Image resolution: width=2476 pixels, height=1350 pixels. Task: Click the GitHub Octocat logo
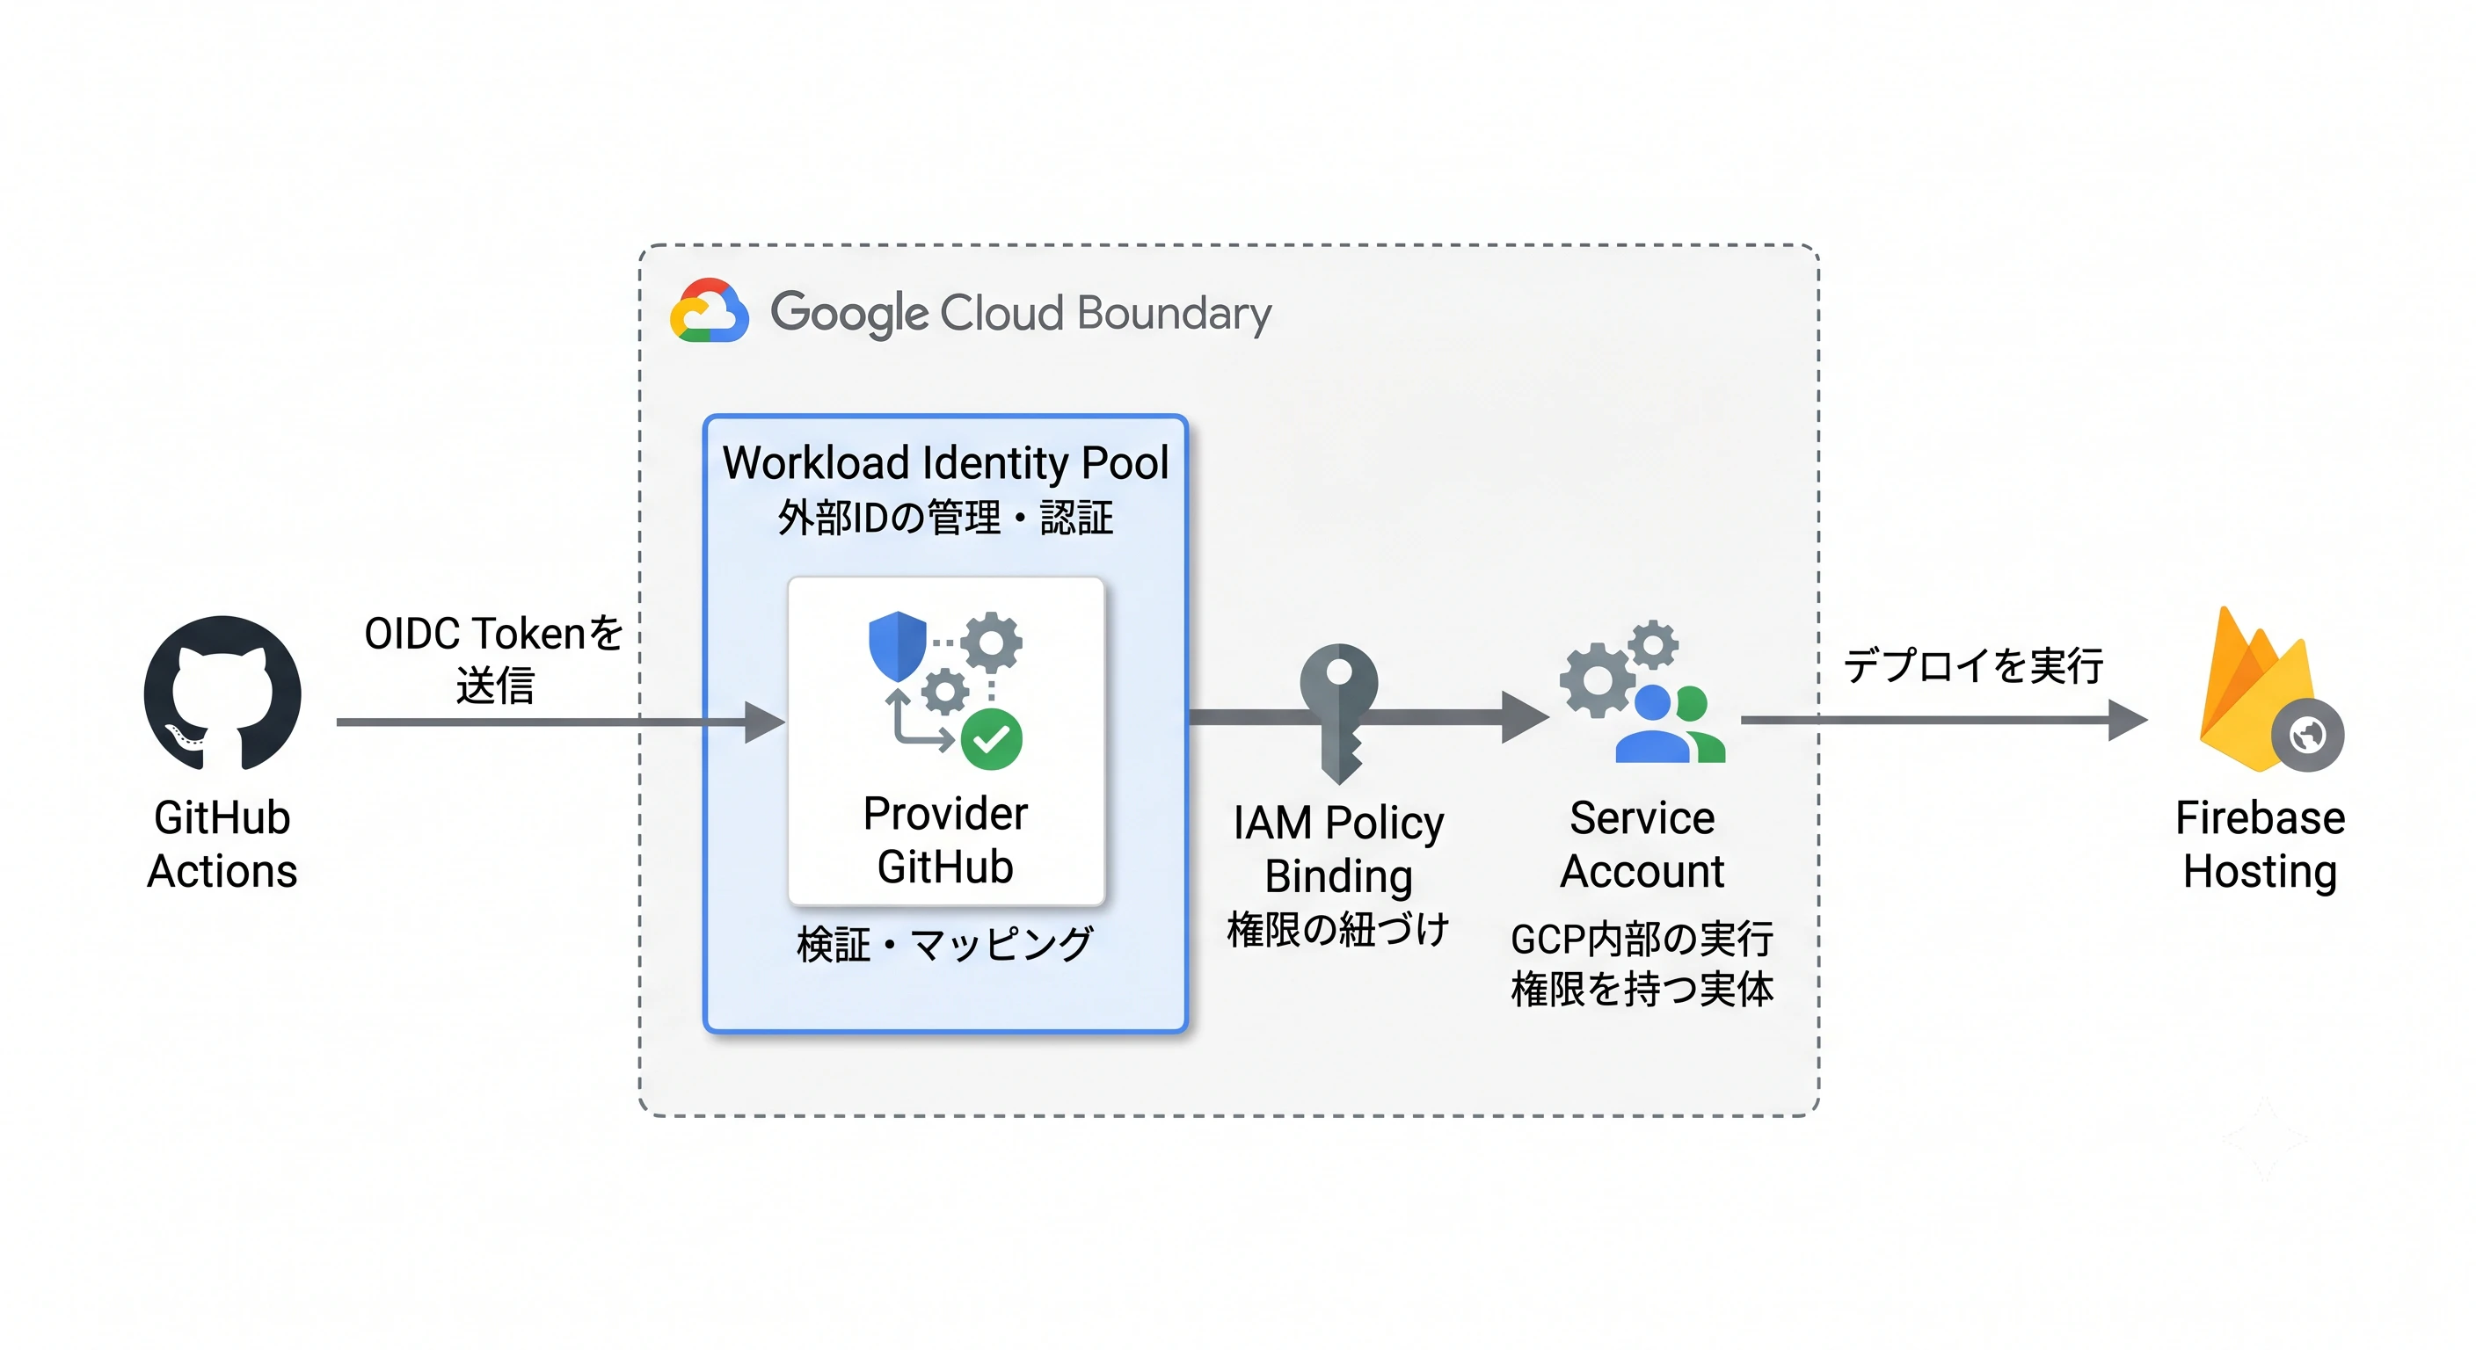point(222,693)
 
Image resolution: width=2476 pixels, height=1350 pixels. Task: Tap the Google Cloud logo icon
point(710,311)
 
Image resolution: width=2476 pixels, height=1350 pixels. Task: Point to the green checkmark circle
point(991,739)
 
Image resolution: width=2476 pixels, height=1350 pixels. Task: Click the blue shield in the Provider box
point(897,646)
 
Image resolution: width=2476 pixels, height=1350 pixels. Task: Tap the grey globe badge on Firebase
point(2308,736)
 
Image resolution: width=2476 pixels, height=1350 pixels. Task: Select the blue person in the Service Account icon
point(1652,724)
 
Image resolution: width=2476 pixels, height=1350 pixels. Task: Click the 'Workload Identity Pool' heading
point(946,463)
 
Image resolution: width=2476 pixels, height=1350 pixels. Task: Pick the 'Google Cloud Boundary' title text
point(1021,313)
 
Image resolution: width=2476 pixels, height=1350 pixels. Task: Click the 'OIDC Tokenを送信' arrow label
point(494,659)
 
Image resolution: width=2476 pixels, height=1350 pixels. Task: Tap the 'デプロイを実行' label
point(1973,666)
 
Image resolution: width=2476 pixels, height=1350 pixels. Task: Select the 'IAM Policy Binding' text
point(1339,849)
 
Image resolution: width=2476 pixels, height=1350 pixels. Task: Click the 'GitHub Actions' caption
point(222,845)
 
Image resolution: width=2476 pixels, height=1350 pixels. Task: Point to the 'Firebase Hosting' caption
point(2261,846)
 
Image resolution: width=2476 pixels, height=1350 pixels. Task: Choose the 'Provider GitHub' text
point(946,839)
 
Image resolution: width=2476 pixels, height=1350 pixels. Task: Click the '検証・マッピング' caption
point(946,945)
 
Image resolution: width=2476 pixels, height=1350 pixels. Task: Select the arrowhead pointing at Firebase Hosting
point(2128,720)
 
